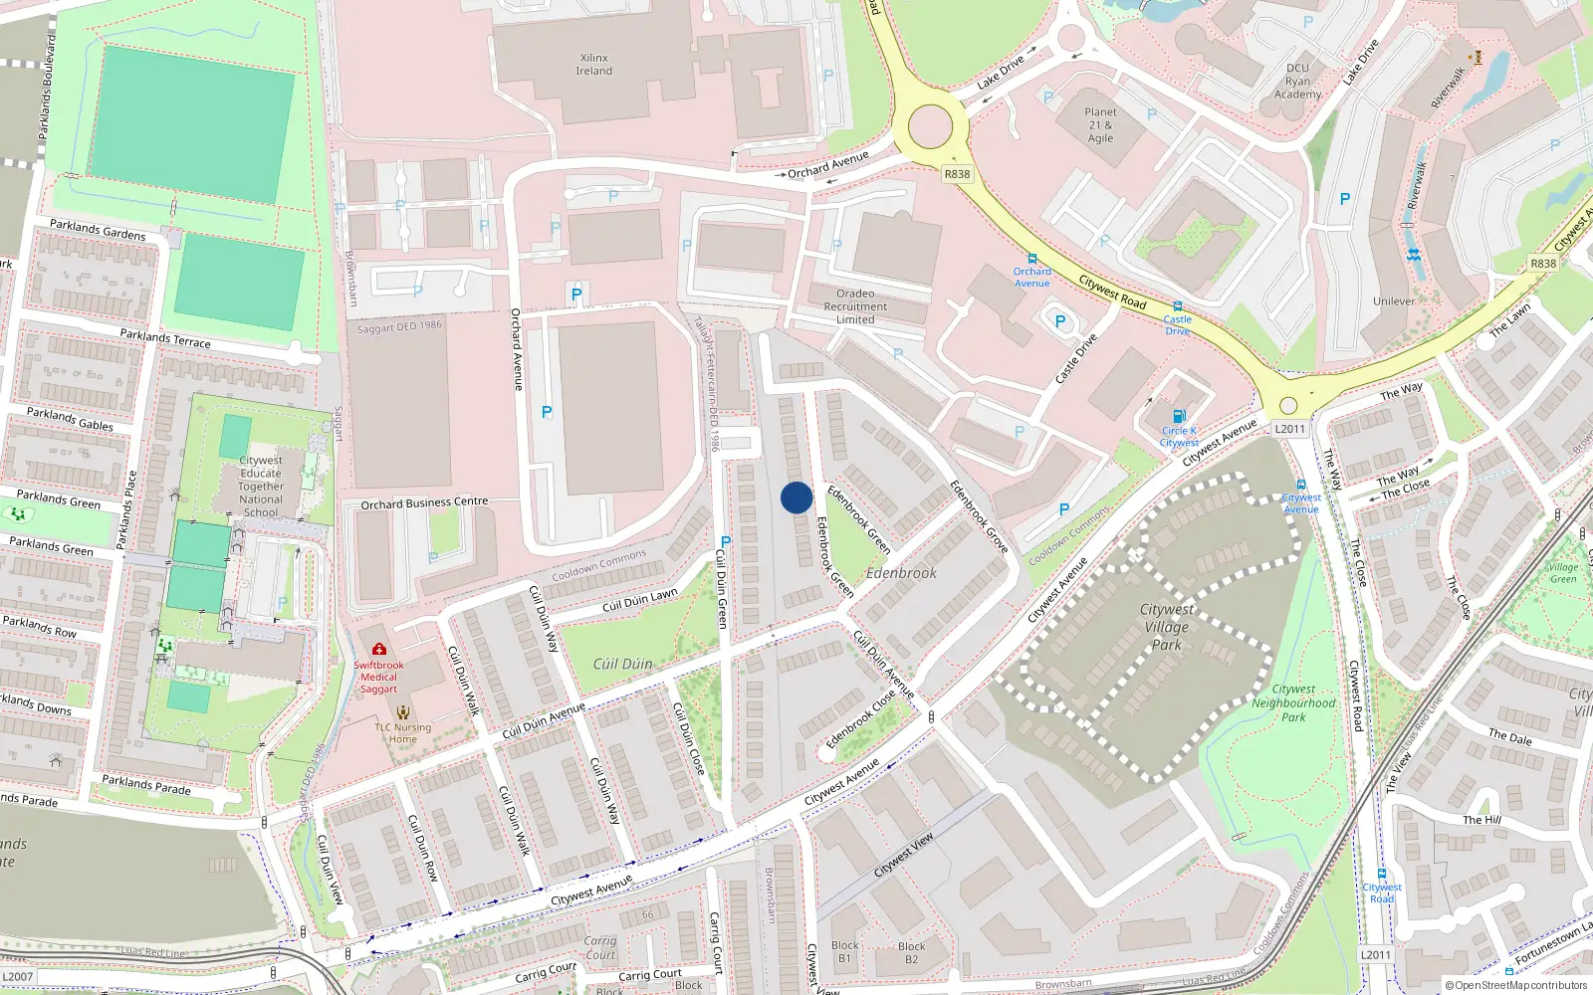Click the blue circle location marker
[x=796, y=497]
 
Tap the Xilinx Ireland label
[x=594, y=65]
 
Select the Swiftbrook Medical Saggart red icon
[x=379, y=649]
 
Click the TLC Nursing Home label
[x=403, y=733]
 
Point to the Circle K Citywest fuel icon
[x=1179, y=416]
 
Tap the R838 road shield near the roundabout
[x=957, y=174]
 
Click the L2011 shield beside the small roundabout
[x=1289, y=429]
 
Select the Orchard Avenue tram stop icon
[x=1032, y=259]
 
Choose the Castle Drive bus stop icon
[x=1178, y=307]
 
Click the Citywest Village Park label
[x=1167, y=627]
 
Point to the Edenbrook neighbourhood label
[x=901, y=573]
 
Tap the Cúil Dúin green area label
[x=623, y=664]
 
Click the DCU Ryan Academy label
[x=1298, y=82]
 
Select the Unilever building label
[x=1394, y=301]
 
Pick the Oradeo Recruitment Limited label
[x=855, y=306]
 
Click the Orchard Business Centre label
[x=424, y=503]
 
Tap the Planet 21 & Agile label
[x=1100, y=125]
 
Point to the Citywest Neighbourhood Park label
[x=1293, y=702]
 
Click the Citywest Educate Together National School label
[x=261, y=487]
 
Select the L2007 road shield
[x=18, y=977]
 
